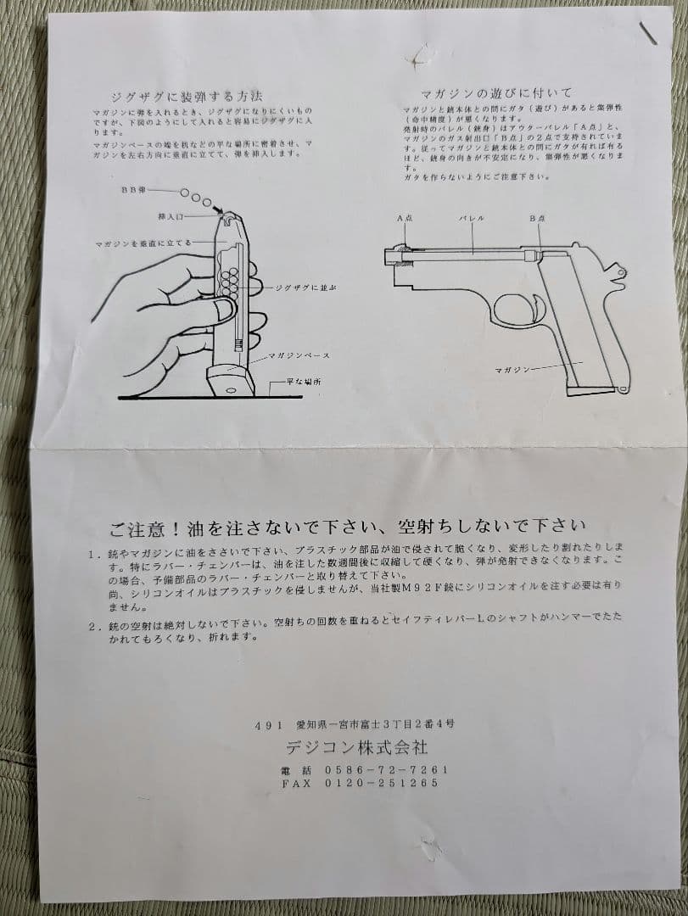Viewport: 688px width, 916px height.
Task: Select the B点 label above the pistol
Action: tap(536, 219)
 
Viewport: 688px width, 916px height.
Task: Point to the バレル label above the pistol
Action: tap(472, 219)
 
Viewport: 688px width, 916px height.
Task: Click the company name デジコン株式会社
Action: tap(356, 748)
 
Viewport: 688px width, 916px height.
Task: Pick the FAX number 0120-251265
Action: tap(381, 783)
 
